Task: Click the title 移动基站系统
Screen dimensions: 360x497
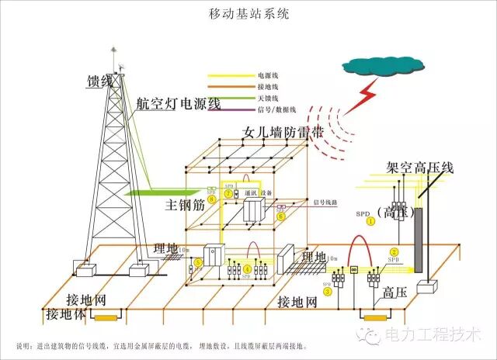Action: pyautogui.click(x=248, y=14)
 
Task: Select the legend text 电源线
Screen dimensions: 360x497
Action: pyautogui.click(x=266, y=76)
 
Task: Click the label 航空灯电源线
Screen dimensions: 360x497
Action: pyautogui.click(x=179, y=103)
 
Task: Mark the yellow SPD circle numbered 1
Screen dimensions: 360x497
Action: pyautogui.click(x=370, y=221)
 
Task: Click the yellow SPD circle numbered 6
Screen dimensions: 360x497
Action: pyautogui.click(x=280, y=217)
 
